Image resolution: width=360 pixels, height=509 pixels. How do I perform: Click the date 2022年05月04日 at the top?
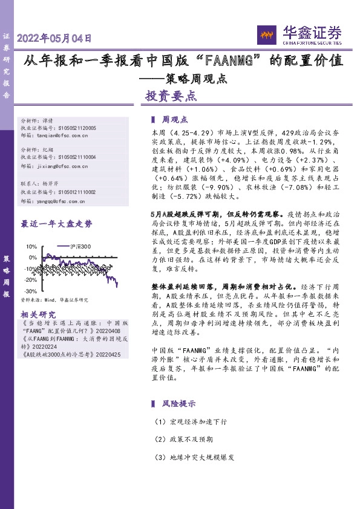pos(54,37)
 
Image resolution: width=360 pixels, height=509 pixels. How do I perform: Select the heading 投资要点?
pos(171,96)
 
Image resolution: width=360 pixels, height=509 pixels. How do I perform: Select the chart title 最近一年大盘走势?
pos(57,224)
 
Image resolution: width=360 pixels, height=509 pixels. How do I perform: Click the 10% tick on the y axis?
pos(31,247)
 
